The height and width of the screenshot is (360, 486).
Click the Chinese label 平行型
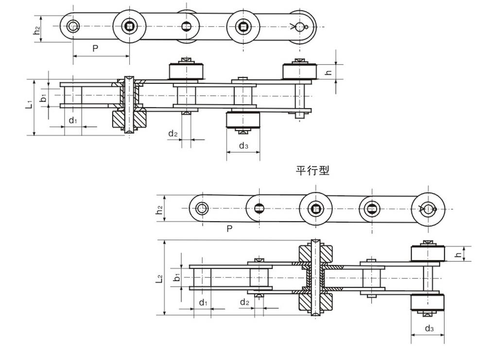pyautogui.click(x=312, y=171)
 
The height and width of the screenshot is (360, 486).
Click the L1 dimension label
pyautogui.click(x=29, y=103)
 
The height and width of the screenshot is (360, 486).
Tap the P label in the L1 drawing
pyautogui.click(x=95, y=49)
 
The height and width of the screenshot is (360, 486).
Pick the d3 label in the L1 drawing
pyautogui.click(x=243, y=146)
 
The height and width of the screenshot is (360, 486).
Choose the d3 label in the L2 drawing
pyautogui.click(x=429, y=329)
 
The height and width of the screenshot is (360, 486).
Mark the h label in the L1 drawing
pyautogui.click(x=328, y=72)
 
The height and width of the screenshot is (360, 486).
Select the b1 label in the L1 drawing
pyautogui.click(x=43, y=98)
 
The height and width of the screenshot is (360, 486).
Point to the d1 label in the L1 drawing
pyautogui.click(x=72, y=120)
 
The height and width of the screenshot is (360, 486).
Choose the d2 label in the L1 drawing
pyautogui.click(x=173, y=134)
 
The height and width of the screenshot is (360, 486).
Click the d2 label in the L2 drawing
pyautogui.click(x=244, y=303)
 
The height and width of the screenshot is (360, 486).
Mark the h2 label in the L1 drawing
pyautogui.click(x=36, y=29)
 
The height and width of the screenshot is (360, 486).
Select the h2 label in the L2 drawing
pyautogui.click(x=159, y=209)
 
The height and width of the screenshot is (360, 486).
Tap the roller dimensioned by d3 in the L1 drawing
pyautogui.click(x=243, y=120)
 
